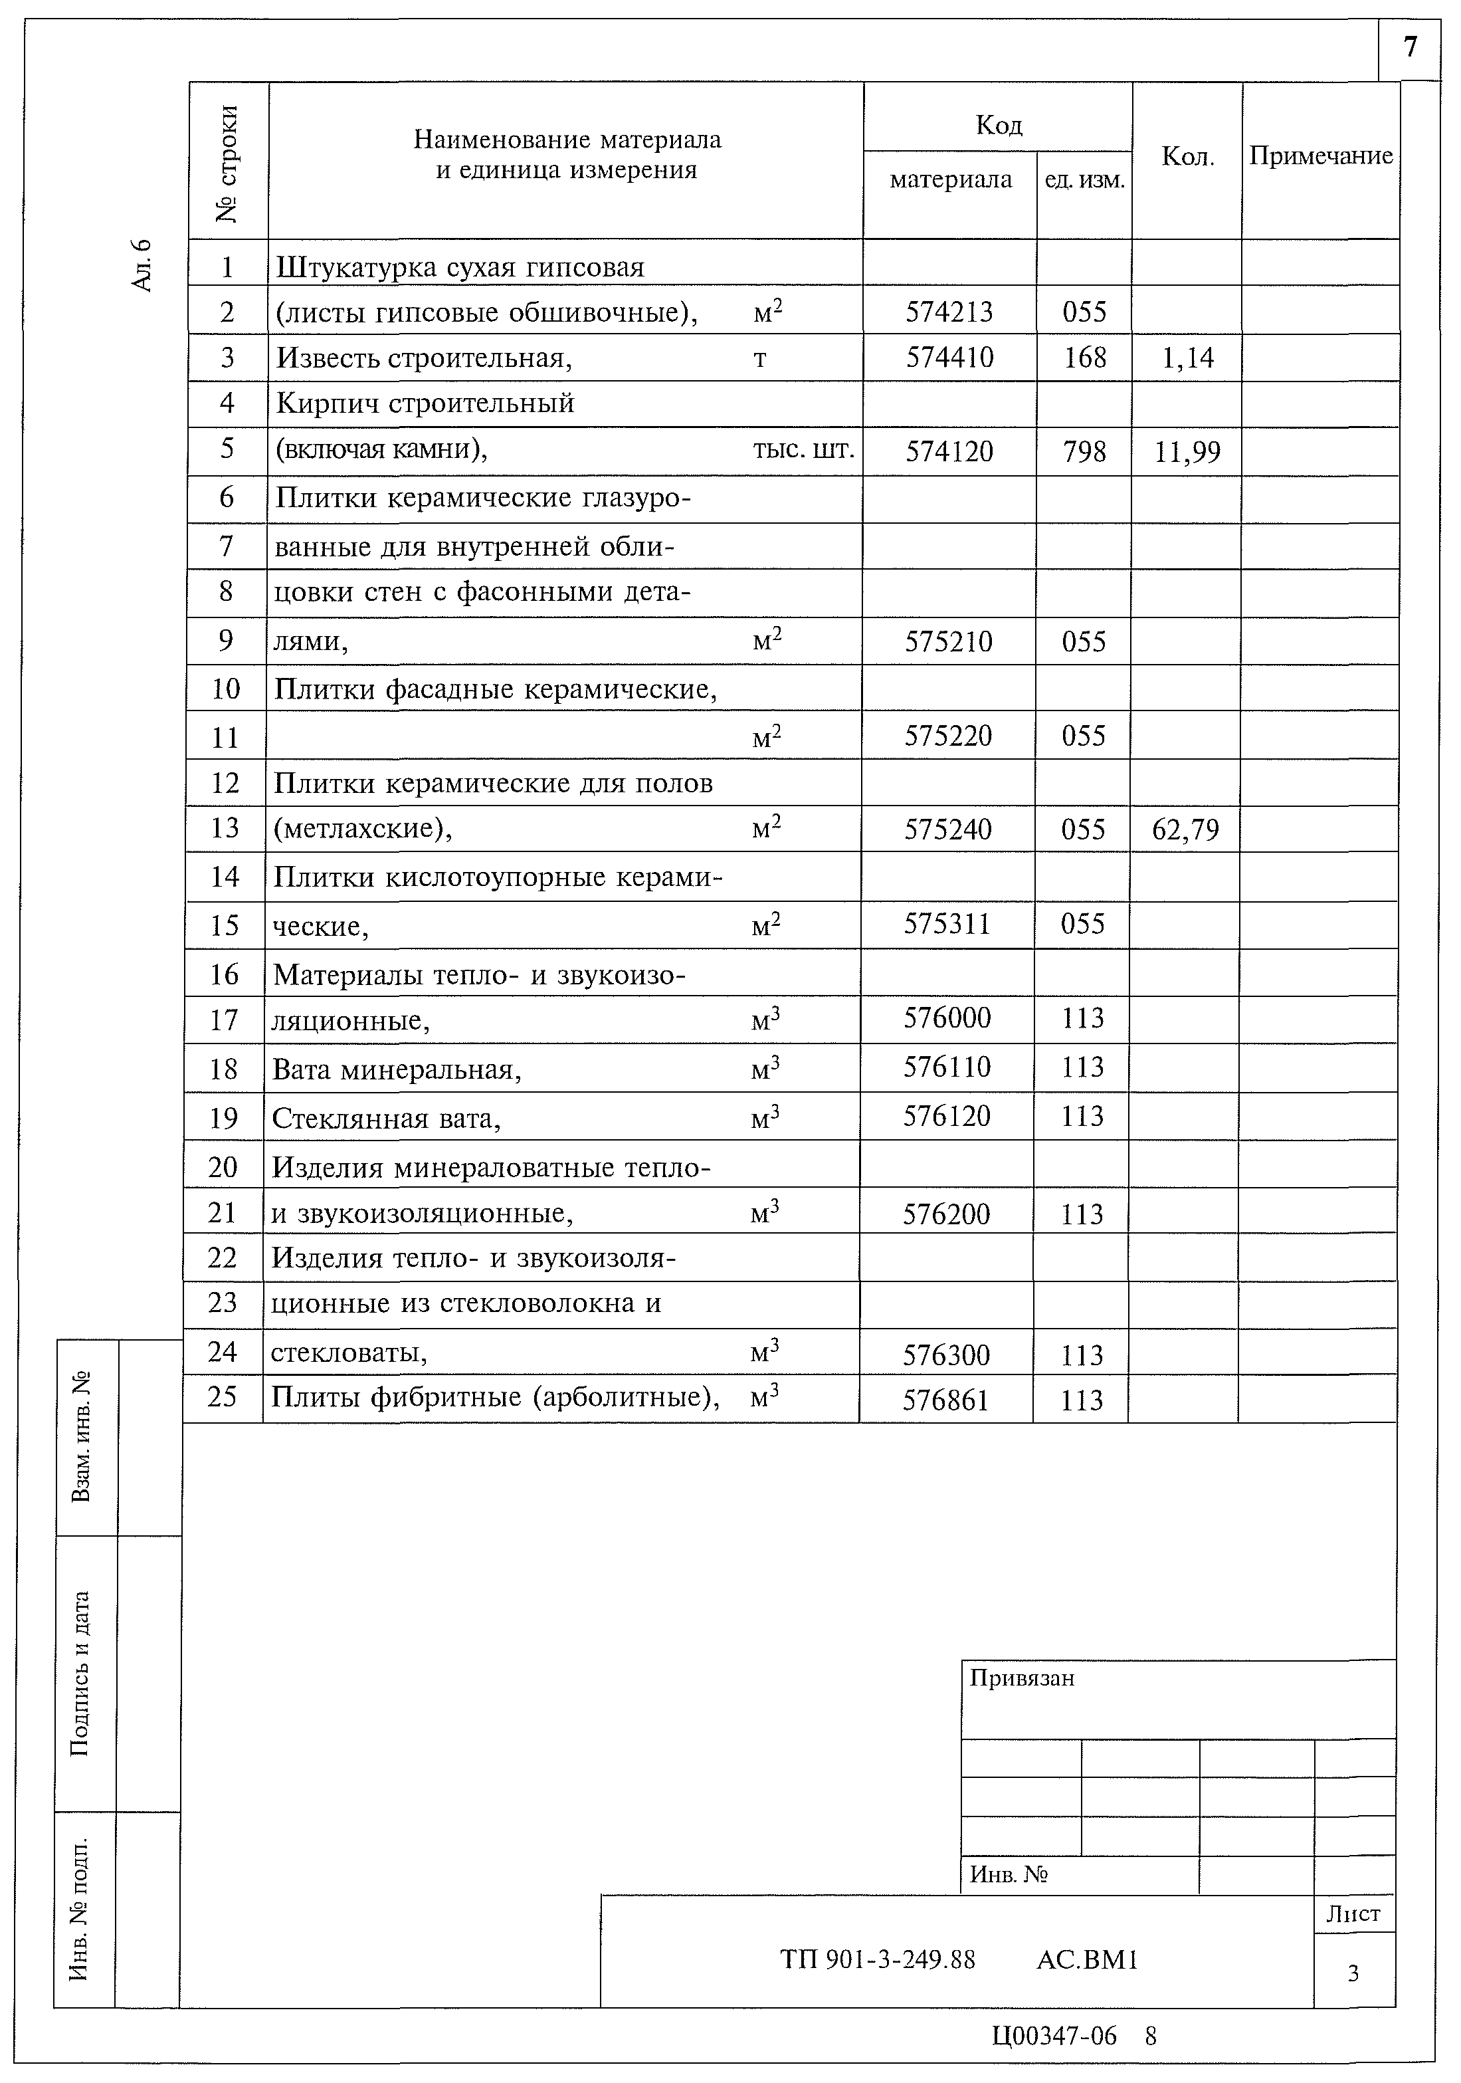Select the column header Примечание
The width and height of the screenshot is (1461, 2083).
(1320, 156)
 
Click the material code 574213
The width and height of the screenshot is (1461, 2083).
(949, 312)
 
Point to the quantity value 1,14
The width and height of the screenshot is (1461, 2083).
(1187, 358)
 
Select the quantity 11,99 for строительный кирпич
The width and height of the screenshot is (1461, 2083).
(1187, 452)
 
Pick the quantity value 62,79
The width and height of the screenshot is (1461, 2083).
(1185, 829)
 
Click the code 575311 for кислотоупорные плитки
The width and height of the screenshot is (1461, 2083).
(947, 924)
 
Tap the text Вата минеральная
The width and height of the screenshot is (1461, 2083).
(397, 1071)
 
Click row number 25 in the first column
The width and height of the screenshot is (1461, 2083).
(222, 1396)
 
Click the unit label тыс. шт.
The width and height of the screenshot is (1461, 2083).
(803, 450)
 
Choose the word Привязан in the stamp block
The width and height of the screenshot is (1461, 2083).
(1022, 1678)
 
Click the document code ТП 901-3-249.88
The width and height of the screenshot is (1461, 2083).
(878, 1961)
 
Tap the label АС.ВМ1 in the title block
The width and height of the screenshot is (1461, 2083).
(1086, 1961)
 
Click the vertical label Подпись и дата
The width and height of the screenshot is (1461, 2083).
(82, 1673)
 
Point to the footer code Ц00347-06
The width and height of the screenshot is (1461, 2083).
(1054, 2036)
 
